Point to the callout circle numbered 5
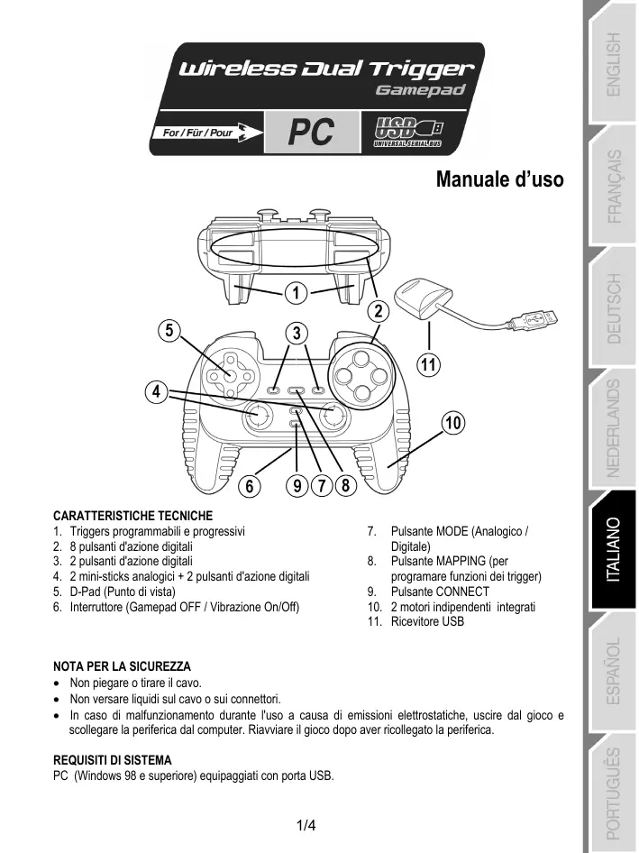pos(168,329)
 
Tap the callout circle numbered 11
pos(429,364)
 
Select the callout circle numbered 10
pos(452,423)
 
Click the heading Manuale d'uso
pos(499,179)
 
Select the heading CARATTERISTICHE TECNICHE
pos(133,516)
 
